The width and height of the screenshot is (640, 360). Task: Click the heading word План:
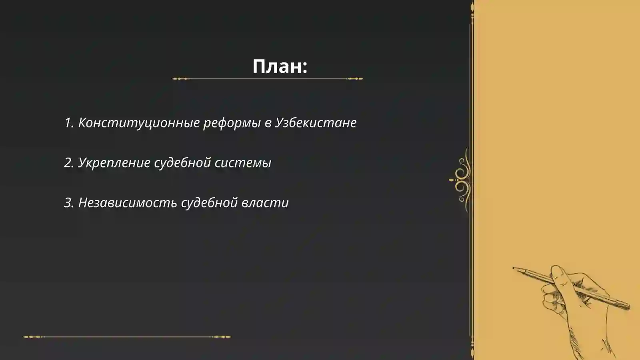pos(280,66)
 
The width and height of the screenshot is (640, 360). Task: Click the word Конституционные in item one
pos(139,122)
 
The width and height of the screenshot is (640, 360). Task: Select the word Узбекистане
pos(316,122)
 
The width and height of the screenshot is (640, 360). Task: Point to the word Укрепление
pos(114,163)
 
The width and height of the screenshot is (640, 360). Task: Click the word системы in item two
pos(243,163)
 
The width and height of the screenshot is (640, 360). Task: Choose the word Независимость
pos(128,202)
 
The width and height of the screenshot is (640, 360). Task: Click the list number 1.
pos(68,122)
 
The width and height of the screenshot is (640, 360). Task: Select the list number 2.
pos(68,163)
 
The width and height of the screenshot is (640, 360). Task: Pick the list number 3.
pos(68,202)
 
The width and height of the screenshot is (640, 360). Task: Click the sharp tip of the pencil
pos(514,268)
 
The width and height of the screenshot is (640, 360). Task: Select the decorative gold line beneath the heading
pos(268,79)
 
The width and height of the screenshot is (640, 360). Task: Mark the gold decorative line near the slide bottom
pos(127,337)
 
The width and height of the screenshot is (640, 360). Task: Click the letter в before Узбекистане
pos(268,123)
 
